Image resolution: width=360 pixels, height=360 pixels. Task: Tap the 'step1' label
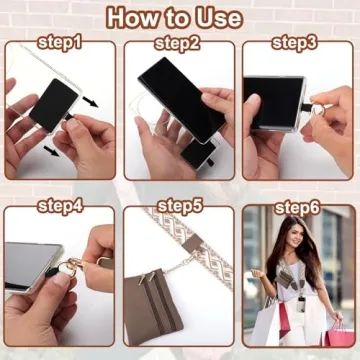(60, 43)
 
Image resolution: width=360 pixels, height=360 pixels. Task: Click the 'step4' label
(60, 208)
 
